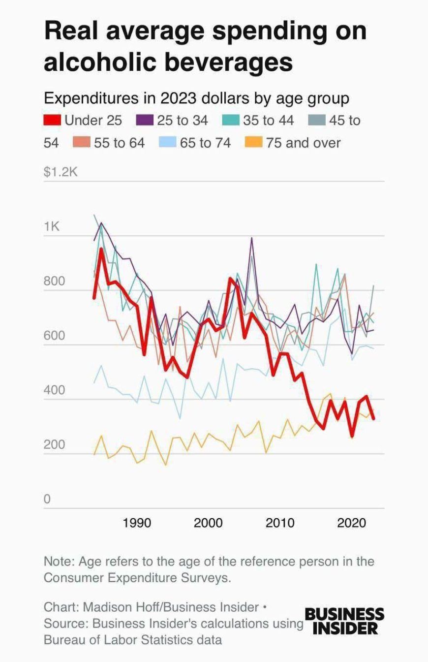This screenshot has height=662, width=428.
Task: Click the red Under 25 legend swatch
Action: point(52,120)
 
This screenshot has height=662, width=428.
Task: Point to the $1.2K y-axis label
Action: point(61,172)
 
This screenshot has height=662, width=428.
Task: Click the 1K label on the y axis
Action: point(51,227)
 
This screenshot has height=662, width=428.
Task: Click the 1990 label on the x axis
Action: point(137,523)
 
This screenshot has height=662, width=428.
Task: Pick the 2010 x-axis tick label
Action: point(280,523)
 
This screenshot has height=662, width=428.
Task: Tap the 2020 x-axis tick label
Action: point(351,523)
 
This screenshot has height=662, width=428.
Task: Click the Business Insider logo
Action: point(344,621)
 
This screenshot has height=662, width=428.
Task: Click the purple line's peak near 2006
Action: point(252,238)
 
